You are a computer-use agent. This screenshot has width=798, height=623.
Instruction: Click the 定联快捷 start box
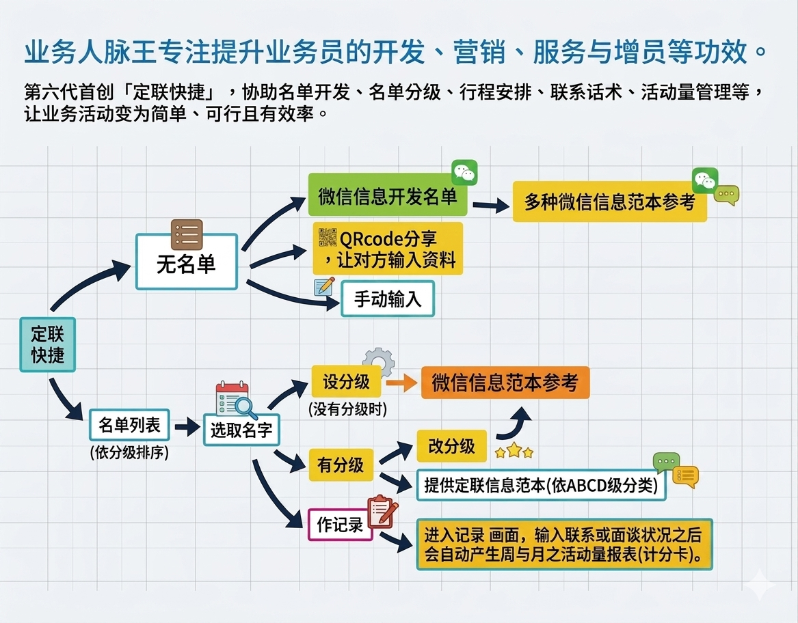pos(47,344)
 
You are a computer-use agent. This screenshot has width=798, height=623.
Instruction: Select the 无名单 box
pos(186,262)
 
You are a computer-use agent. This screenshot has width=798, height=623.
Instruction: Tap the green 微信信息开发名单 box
pos(388,197)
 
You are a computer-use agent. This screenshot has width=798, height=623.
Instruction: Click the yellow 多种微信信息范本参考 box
pos(609,202)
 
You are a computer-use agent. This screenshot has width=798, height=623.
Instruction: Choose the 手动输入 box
pos(387,299)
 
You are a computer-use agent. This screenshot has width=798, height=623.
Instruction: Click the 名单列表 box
pos(130,426)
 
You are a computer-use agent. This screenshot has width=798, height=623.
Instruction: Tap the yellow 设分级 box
pos(346,381)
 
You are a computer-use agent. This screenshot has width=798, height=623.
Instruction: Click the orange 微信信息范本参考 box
pos(505,383)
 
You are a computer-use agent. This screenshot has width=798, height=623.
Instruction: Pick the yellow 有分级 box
pos(341,465)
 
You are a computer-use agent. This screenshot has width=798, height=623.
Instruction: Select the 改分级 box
pos(451,446)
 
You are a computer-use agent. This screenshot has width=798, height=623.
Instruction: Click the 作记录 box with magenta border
pos(340,525)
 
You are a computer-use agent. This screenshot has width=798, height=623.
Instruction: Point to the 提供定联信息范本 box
pos(540,485)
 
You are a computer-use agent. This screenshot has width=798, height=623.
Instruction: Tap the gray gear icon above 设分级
pos(378,361)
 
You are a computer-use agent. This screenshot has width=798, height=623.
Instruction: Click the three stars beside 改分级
pos(514,451)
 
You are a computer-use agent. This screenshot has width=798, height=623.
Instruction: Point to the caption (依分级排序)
pos(129,452)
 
